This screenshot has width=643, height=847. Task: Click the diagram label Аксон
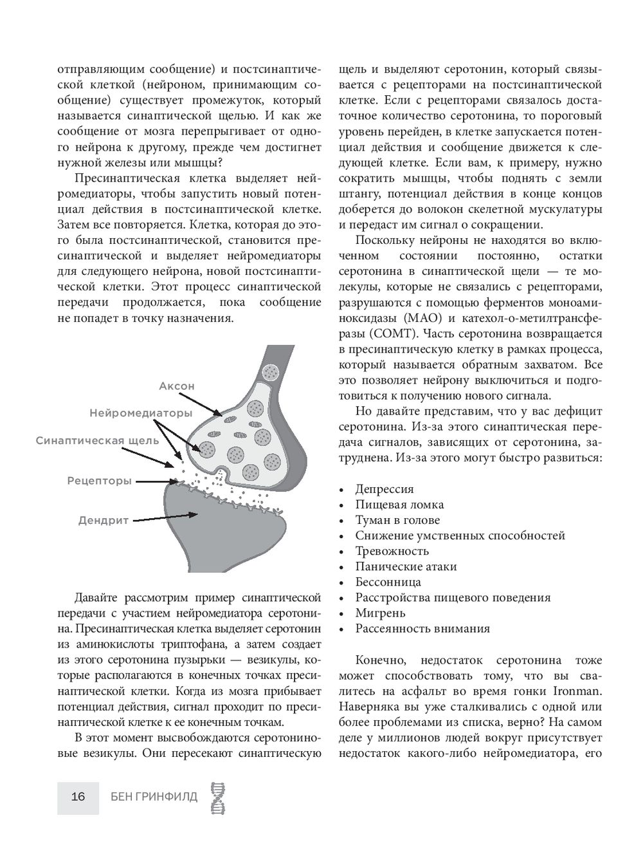[176, 386]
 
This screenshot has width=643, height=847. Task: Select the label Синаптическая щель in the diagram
[96, 441]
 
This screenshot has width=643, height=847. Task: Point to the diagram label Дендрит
[104, 520]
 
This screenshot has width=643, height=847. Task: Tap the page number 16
[78, 797]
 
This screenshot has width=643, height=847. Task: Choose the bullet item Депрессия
[385, 489]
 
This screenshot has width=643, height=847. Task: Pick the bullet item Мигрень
[380, 613]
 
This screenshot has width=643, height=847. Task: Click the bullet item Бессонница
[388, 582]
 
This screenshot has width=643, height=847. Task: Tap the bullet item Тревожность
[392, 551]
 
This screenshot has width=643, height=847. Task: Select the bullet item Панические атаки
[406, 566]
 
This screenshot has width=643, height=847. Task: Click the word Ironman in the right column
[577, 691]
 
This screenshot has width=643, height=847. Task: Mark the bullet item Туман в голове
[397, 520]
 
